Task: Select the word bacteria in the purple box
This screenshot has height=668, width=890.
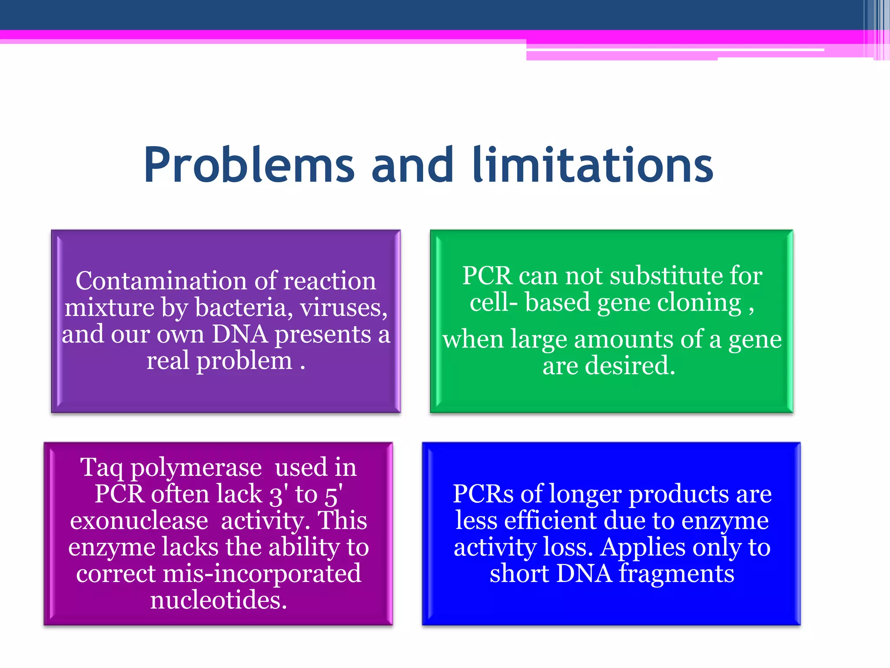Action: point(240,307)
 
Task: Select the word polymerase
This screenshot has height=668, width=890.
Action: point(196,468)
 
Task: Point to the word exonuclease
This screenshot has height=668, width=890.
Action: point(139,521)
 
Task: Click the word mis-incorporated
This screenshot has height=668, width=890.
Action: point(262,574)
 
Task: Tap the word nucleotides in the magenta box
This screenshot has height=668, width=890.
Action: point(219,600)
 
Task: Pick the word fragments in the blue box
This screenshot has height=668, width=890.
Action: point(677,574)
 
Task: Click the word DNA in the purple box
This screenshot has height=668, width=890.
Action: point(239,334)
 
